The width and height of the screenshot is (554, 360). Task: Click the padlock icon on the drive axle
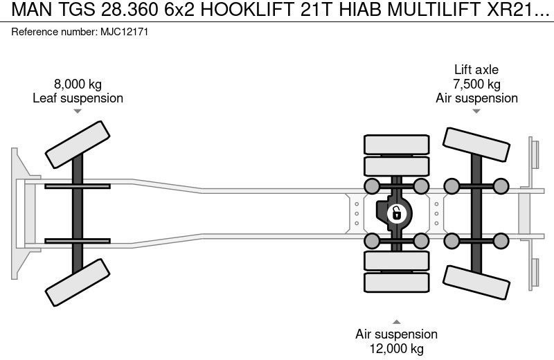click(396, 213)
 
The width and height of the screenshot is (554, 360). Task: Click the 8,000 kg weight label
click(78, 84)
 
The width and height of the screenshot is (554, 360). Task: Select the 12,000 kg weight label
click(396, 349)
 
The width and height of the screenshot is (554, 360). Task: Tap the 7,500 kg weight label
click(476, 84)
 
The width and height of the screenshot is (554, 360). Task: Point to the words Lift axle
click(476, 70)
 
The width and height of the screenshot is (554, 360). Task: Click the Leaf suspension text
click(78, 98)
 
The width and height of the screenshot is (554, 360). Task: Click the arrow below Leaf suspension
click(78, 111)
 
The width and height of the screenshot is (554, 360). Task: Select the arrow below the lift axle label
click(476, 111)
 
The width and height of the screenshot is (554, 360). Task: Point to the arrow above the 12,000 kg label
click(396, 321)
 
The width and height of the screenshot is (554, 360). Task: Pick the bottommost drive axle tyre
click(396, 282)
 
